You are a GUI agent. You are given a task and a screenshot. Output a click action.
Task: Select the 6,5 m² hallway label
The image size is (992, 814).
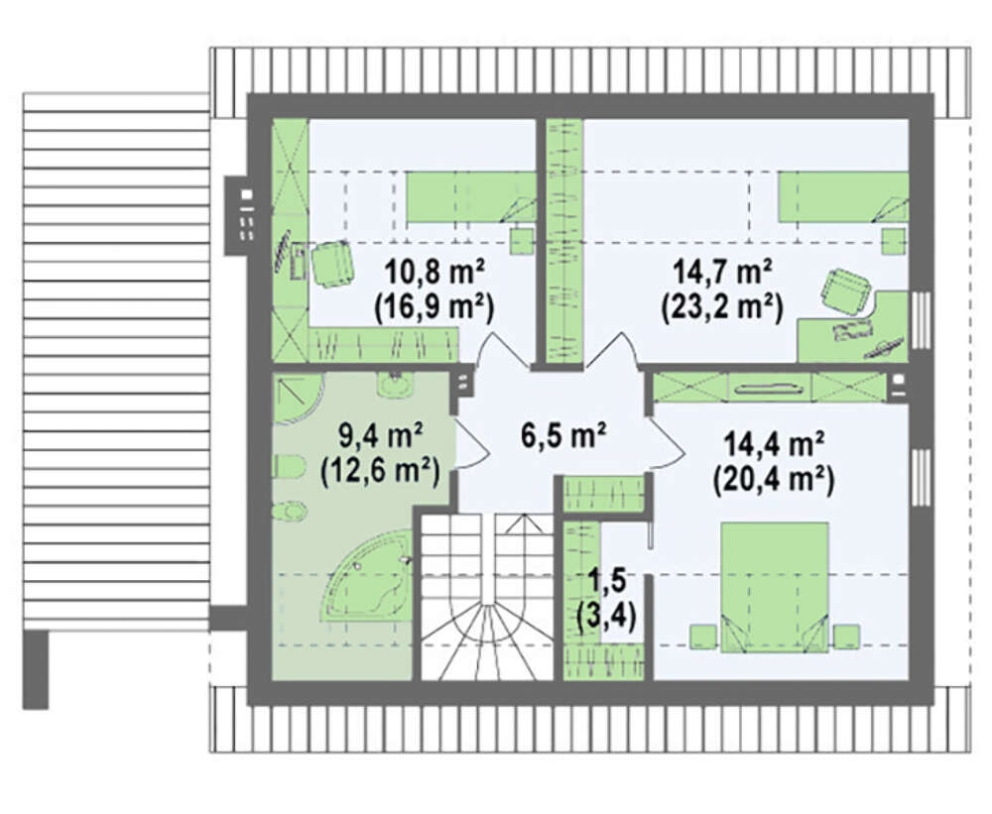tap(564, 435)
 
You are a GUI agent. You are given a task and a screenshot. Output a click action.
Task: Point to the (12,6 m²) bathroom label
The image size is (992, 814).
tap(380, 471)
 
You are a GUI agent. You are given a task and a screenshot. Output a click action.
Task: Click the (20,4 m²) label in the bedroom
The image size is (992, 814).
tap(774, 481)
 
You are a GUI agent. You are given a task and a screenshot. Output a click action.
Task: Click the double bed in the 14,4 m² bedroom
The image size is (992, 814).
tap(775, 587)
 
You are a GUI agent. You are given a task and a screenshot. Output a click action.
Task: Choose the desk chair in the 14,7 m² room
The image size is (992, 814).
tap(846, 291)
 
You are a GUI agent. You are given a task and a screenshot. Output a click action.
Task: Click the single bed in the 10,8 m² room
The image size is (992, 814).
tap(470, 197)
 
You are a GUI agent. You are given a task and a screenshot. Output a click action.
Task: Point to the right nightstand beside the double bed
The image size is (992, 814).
tap(846, 636)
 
